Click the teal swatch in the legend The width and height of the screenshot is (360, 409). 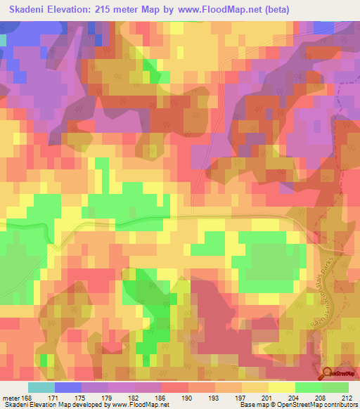tap(41, 387)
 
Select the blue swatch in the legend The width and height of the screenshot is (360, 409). tap(68, 387)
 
